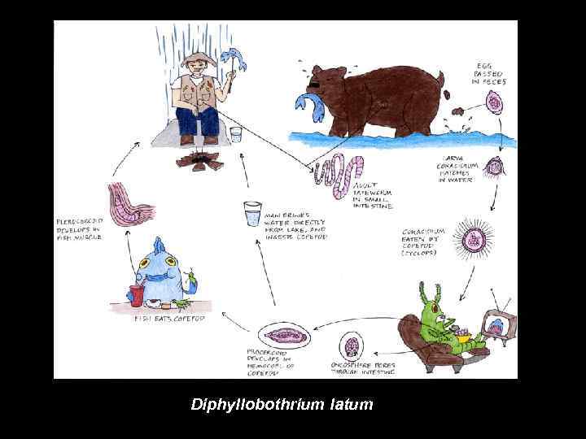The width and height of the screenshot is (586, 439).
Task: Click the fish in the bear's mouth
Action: point(310,102)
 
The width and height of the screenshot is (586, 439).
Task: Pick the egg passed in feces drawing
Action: point(493,102)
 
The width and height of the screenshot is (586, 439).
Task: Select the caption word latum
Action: point(350,403)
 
